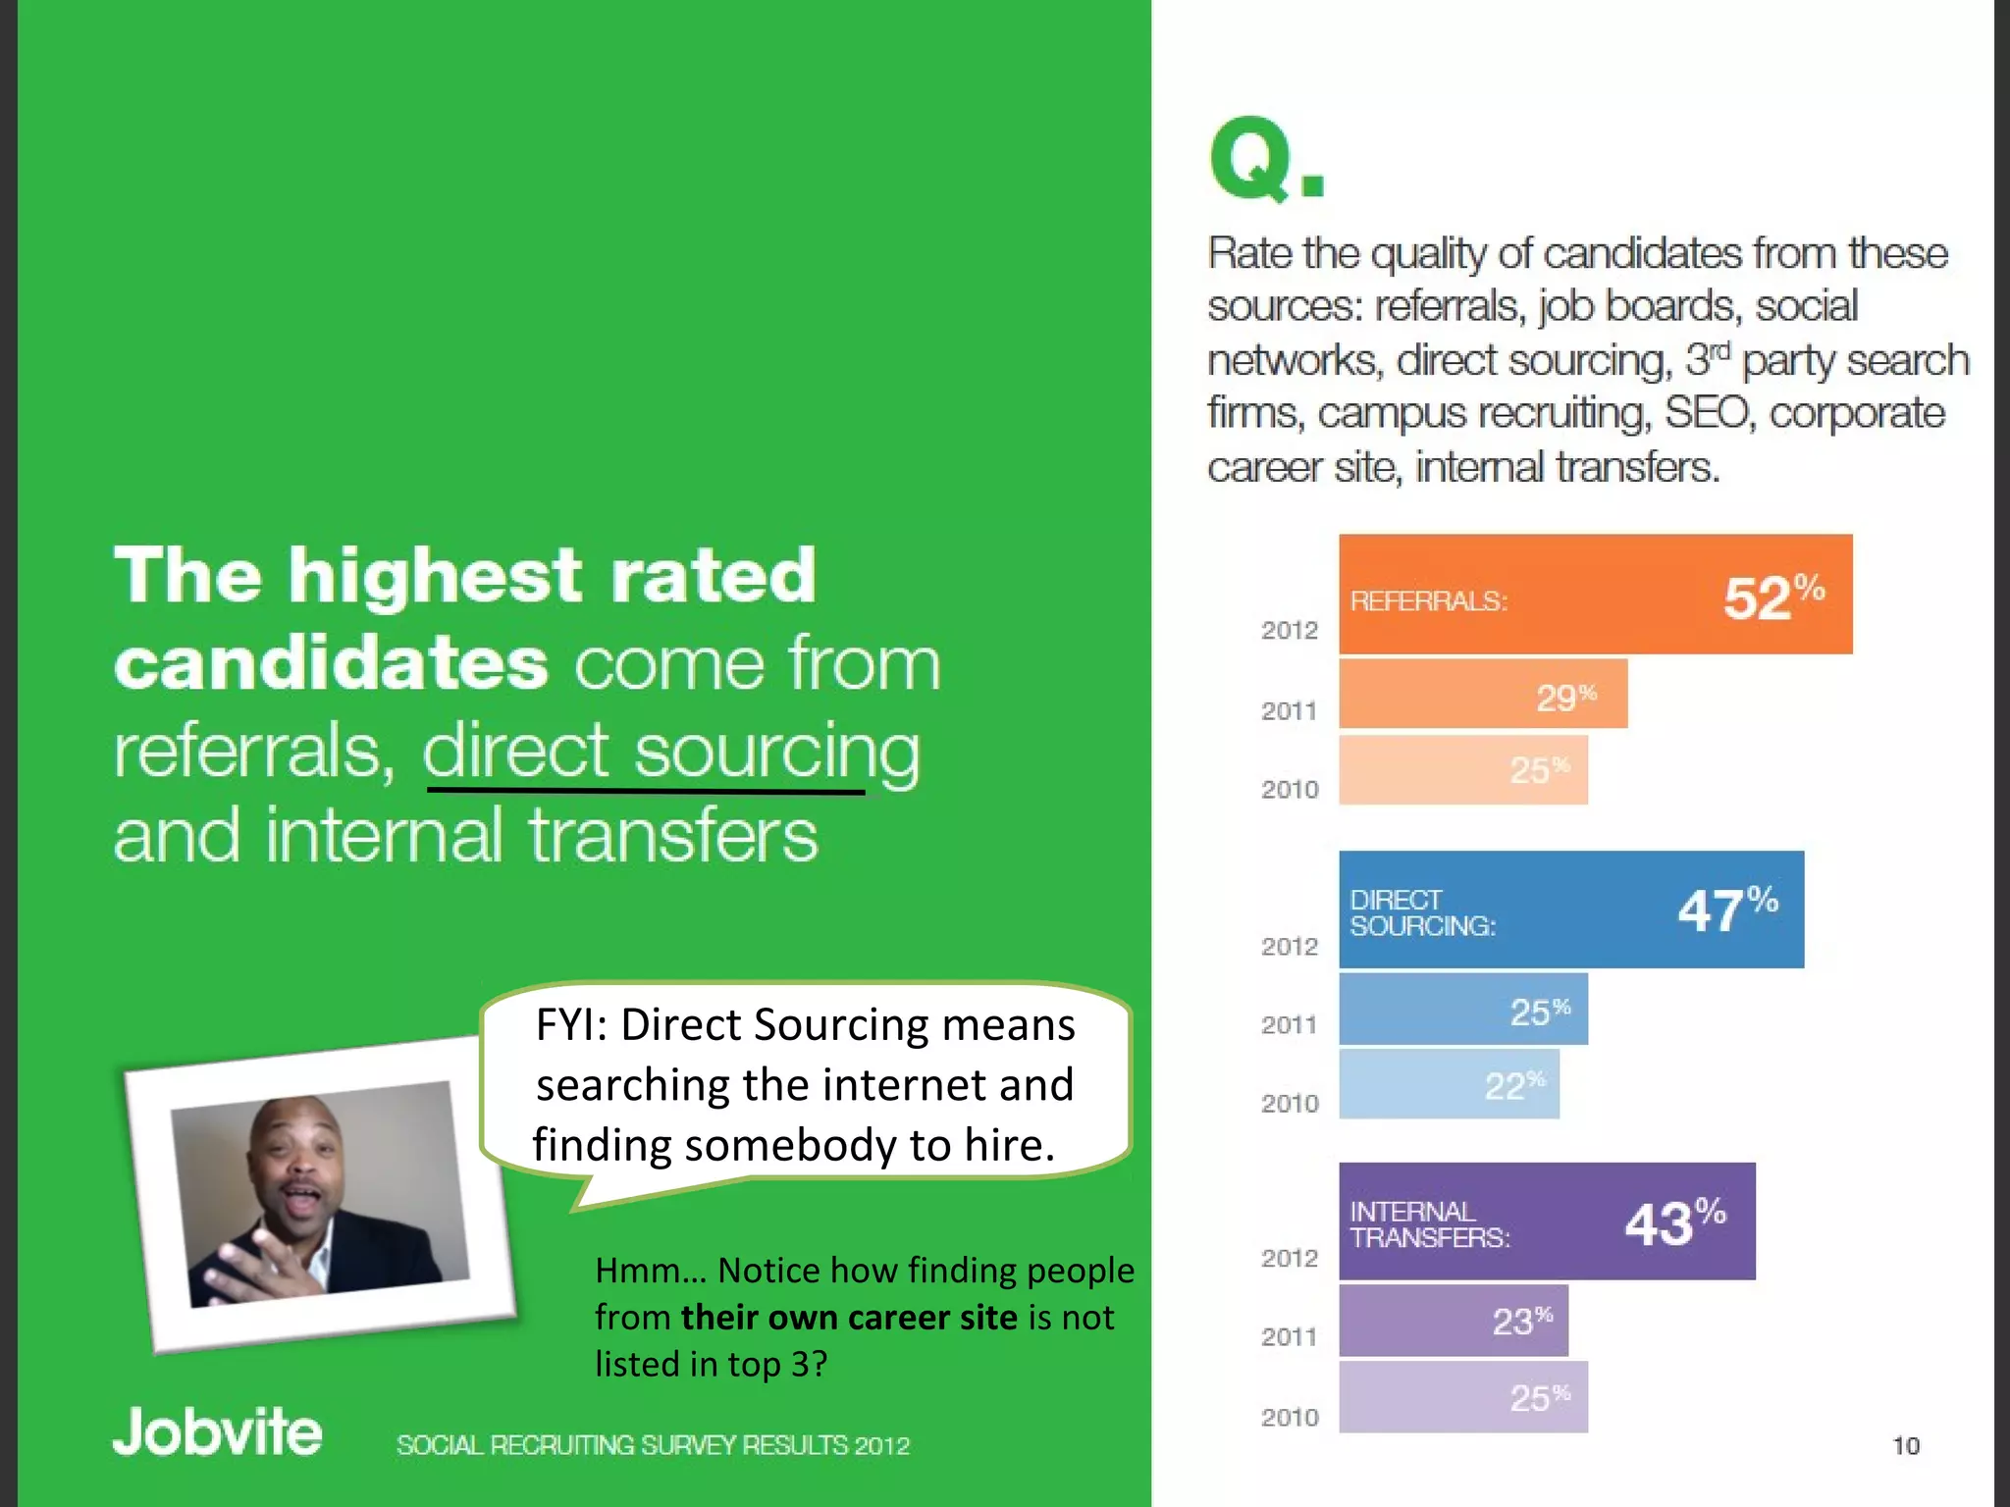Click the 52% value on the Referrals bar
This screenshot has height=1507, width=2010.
[x=1772, y=598]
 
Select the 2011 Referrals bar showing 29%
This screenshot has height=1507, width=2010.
[x=1482, y=695]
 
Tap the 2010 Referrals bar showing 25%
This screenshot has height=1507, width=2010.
[x=1462, y=771]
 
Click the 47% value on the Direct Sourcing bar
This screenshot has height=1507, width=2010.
[x=1726, y=909]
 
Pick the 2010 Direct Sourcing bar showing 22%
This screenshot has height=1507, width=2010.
[x=1449, y=1085]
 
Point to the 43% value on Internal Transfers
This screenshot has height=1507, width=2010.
[x=1674, y=1222]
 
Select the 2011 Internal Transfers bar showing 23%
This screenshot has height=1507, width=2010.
[x=1453, y=1321]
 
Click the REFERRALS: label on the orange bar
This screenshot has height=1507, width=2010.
[x=1428, y=601]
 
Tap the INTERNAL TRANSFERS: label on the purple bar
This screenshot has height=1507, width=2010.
[x=1429, y=1224]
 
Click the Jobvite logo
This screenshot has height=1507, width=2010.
[x=217, y=1431]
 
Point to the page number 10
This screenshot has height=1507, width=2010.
[x=1905, y=1445]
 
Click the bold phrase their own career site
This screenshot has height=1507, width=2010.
[x=849, y=1317]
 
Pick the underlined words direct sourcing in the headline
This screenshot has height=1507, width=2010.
[x=671, y=752]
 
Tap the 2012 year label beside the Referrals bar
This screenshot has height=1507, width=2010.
[x=1289, y=631]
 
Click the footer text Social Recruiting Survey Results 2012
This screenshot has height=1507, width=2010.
[x=653, y=1445]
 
